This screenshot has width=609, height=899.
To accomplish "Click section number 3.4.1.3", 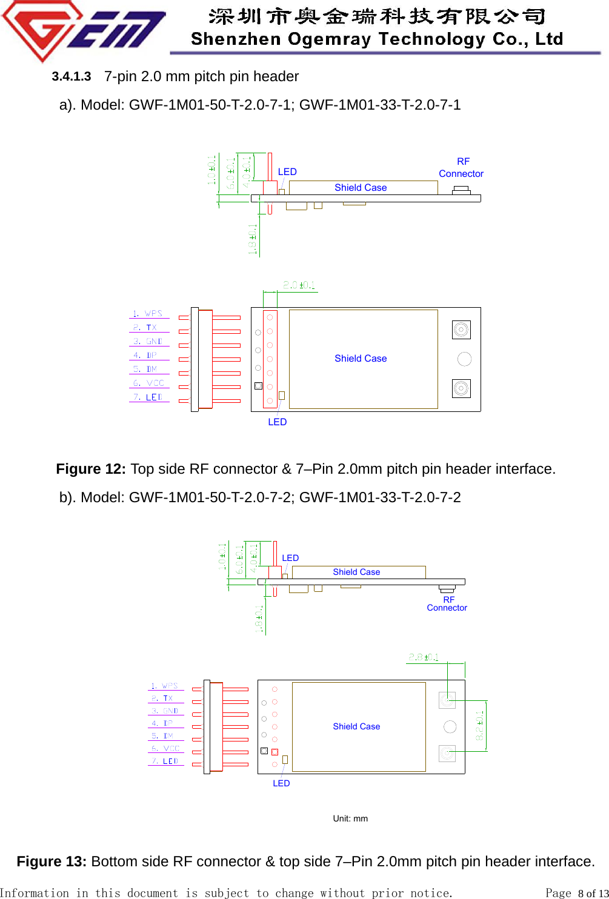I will coord(72,76).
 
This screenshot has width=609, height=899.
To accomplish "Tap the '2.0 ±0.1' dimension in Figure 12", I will coord(299,285).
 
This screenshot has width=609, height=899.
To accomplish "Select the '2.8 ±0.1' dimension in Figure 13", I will coord(424,657).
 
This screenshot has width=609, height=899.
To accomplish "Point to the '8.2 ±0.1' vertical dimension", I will coord(480,725).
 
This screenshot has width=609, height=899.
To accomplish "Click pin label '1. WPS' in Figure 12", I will coord(148,314).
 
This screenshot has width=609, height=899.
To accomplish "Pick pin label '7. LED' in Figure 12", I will coord(148,397).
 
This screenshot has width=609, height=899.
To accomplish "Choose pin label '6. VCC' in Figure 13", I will coord(165,749).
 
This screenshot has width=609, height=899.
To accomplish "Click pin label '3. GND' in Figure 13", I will coord(165,711).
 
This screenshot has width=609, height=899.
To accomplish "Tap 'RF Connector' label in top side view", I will coord(462,168).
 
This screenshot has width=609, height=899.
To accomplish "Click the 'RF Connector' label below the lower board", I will coord(447,604).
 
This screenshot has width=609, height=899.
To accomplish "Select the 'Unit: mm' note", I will coord(350,818).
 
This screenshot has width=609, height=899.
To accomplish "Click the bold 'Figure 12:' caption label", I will coord(91,469).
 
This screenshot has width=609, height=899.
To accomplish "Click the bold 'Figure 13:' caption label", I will coord(52,861).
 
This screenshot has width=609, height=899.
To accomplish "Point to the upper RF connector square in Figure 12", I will coord(461,330).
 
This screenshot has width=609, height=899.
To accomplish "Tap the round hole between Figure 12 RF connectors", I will coord(465,359).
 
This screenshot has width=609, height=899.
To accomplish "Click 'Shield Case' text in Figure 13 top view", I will coord(356,726).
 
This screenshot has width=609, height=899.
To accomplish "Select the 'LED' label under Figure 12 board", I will coord(278,422).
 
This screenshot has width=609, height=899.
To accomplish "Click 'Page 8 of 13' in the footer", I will coord(576,893).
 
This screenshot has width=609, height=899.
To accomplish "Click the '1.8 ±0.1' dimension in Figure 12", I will coord(253,239).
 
